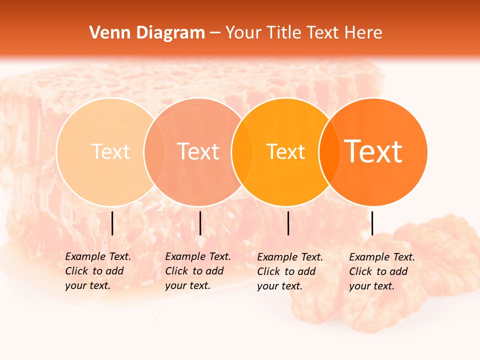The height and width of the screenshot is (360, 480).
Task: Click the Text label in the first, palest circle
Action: pos(110,151)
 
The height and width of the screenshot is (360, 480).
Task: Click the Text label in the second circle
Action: pos(198,151)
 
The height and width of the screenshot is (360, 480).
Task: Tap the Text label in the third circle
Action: pos(285,151)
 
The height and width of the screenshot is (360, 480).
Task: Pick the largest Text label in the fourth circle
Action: pos(373,151)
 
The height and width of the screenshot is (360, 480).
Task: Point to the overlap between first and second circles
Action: pos(154,151)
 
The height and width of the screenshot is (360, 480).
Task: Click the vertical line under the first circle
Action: pos(112,223)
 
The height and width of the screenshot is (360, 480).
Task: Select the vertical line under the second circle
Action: pos(200,223)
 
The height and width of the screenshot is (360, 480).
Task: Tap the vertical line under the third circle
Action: pos(288,223)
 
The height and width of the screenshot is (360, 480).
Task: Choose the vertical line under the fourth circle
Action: pos(372,223)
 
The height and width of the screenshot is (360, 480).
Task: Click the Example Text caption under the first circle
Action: pos(98,271)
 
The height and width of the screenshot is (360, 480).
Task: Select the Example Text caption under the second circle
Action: pos(198,271)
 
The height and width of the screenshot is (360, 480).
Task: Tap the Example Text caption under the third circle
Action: pos(290,271)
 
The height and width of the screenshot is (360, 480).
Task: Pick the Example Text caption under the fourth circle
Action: pos(382,271)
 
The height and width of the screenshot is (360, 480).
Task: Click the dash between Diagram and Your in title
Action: pos(214,33)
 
